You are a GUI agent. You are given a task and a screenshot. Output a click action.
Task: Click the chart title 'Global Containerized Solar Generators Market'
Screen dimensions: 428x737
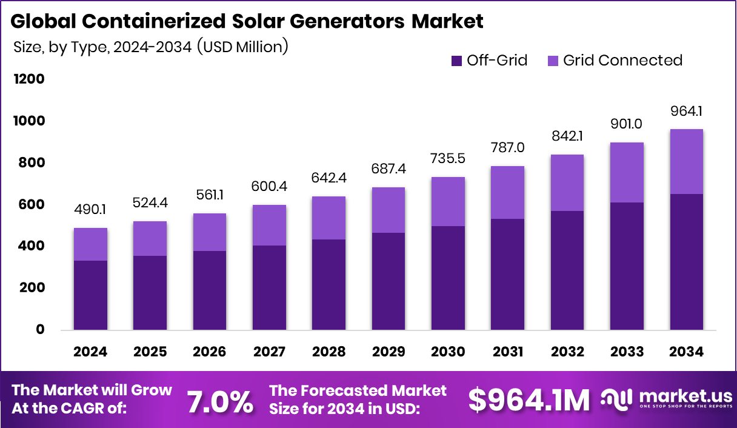(247, 21)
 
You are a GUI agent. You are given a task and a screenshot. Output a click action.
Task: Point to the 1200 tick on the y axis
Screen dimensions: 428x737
(28, 79)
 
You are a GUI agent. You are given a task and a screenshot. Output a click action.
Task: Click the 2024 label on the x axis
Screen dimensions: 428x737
(91, 352)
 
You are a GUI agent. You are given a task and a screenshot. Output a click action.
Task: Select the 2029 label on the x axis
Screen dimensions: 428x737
(388, 352)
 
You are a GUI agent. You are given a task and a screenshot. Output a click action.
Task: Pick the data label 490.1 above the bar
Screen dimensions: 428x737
(91, 209)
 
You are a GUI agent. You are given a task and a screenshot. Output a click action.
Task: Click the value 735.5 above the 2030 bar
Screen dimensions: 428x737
(447, 159)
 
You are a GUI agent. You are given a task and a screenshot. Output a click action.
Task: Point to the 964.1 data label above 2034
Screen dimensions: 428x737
(686, 111)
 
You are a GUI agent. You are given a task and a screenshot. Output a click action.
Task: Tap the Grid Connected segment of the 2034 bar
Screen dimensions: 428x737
(686, 161)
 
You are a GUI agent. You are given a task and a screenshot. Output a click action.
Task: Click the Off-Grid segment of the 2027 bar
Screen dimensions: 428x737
(269, 287)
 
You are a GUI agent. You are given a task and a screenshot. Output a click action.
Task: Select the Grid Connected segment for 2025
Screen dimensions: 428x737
(150, 238)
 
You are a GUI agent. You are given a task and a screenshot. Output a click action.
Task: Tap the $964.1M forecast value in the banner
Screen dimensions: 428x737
(529, 401)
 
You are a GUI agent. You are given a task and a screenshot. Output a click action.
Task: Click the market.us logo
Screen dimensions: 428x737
(666, 399)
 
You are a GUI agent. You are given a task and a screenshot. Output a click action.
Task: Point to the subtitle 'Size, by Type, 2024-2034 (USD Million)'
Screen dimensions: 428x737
(150, 47)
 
